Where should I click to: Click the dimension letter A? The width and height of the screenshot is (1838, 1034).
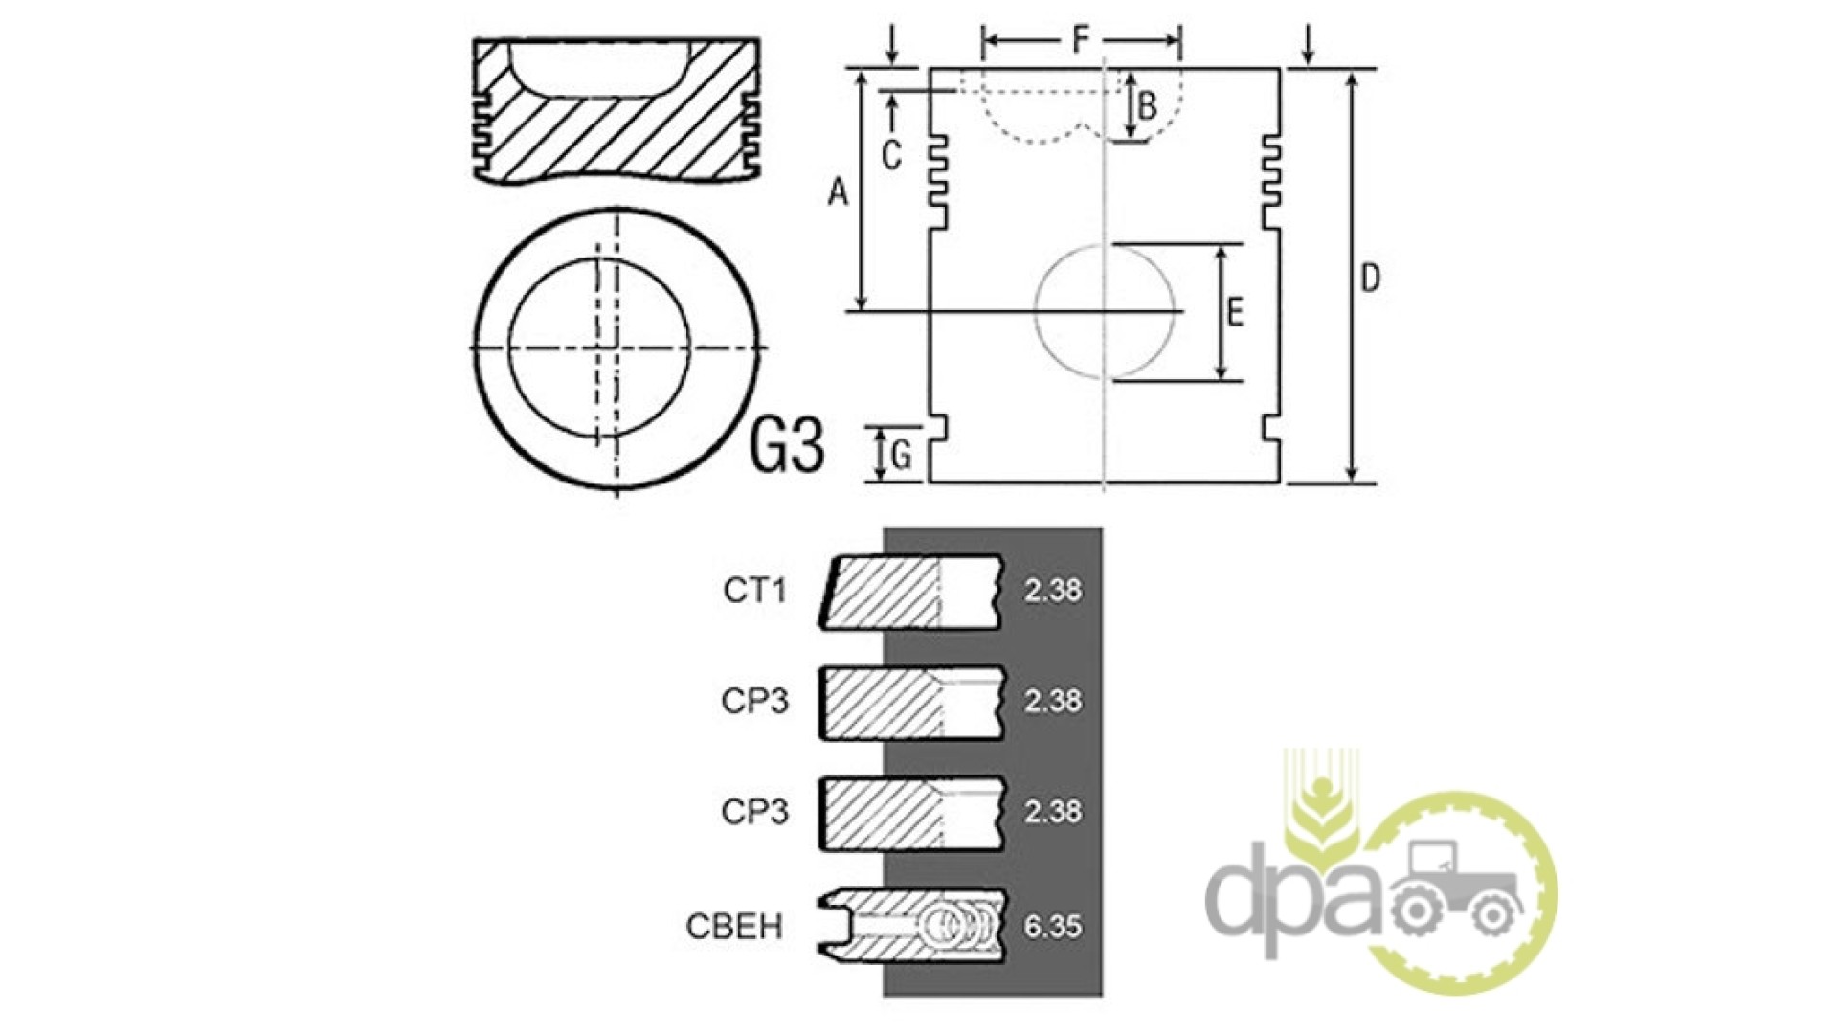pos(839,193)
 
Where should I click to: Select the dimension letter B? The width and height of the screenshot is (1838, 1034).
pos(1146,106)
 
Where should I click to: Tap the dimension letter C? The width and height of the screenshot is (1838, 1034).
pos(891,155)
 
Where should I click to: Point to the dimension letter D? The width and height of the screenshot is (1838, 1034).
pos(1371,279)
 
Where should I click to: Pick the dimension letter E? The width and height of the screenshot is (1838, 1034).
pos(1235,313)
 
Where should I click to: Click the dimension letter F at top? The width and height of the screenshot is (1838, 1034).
pos(1080,40)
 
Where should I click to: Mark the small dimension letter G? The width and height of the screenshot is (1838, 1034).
pos(901,457)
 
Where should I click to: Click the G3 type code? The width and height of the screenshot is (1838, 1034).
pos(786,444)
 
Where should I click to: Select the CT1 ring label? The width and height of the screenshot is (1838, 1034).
pos(754,591)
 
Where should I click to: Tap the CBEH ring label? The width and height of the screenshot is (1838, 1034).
pos(734,927)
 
